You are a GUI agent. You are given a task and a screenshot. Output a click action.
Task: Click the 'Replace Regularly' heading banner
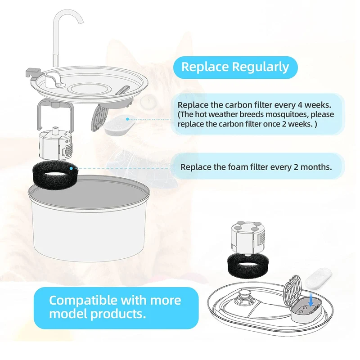pyautogui.click(x=235, y=67)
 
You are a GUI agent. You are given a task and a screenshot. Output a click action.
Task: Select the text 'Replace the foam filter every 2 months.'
pyautogui.click(x=256, y=167)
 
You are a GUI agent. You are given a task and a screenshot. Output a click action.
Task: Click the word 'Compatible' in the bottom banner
pyautogui.click(x=83, y=300)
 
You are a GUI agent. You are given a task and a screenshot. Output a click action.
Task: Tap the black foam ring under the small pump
pyautogui.click(x=247, y=265)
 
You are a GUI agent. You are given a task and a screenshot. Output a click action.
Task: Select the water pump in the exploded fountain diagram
pyautogui.click(x=55, y=144)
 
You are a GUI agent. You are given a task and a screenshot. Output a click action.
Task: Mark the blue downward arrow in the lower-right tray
pyautogui.click(x=311, y=300)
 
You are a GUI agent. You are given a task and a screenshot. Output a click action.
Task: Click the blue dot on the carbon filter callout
pyautogui.click(x=127, y=119)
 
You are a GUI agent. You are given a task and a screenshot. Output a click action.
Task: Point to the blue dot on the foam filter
pyautogui.click(x=71, y=168)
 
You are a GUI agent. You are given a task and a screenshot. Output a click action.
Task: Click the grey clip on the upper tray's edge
pyautogui.click(x=33, y=73)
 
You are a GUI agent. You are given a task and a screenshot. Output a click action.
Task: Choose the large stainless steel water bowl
pyautogui.click(x=89, y=218)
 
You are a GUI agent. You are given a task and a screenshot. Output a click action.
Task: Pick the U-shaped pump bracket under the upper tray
pyautogui.click(x=55, y=114)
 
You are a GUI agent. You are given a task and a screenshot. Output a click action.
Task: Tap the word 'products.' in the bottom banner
pyautogui.click(x=118, y=314)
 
